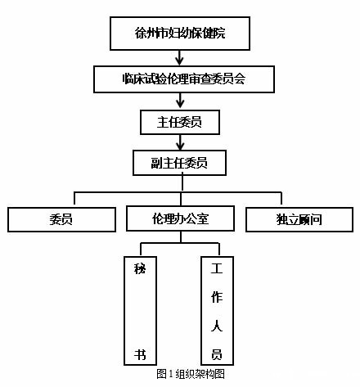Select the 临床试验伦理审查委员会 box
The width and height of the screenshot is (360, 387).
179,79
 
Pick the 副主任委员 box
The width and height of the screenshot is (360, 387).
179,163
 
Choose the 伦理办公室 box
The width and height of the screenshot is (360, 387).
181,219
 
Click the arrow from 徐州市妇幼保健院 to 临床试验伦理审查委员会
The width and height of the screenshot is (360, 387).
179,58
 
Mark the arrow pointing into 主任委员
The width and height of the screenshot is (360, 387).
179,101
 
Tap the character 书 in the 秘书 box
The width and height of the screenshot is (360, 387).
140,355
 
